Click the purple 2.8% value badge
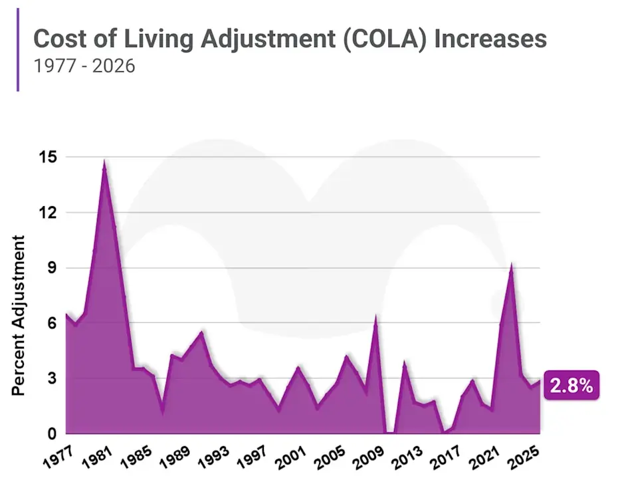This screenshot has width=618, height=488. (x=571, y=385)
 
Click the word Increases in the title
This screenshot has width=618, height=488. (x=490, y=39)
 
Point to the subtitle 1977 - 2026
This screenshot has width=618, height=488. (x=84, y=66)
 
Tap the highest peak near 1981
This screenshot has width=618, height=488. (x=104, y=161)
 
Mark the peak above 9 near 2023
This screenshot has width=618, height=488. (x=511, y=265)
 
